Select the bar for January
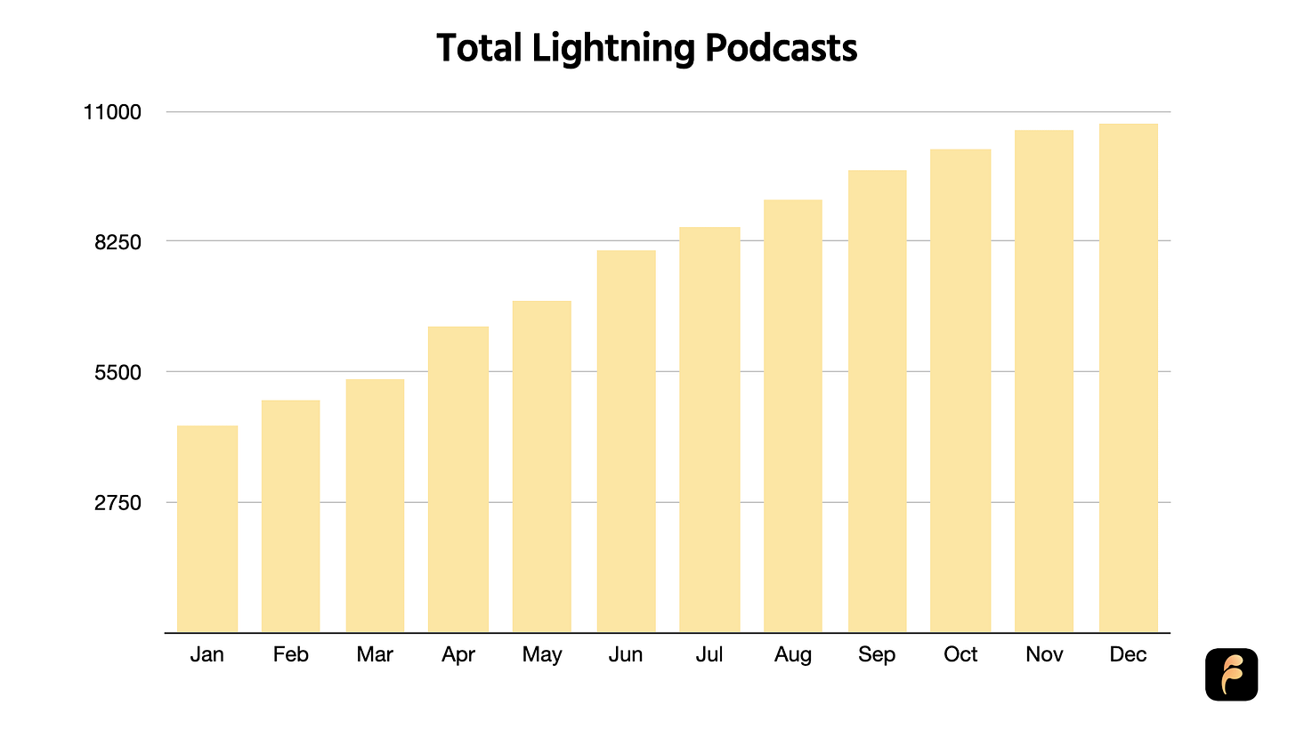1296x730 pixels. coord(207,529)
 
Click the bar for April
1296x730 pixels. coord(458,480)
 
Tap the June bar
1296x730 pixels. coord(626,442)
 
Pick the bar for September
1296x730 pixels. coord(877,401)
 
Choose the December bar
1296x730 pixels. coord(1129,377)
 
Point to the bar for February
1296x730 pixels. coord(290,516)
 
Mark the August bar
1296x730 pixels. coord(792,416)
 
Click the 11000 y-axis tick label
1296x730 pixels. coord(112,112)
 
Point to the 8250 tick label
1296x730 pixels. coord(117,242)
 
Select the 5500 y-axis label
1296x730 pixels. coord(117,372)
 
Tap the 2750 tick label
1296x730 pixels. coord(117,503)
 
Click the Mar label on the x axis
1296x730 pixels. coord(375,654)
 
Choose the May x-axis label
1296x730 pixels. coord(542,655)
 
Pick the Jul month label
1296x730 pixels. coord(709,654)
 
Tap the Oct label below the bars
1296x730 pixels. coord(960,654)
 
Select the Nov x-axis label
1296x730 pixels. coord(1044,654)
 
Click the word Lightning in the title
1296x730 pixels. coord(613,49)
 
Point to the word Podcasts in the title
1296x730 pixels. coord(782,47)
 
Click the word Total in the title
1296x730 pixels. coord(479,47)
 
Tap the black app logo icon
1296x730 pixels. coord(1231,675)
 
